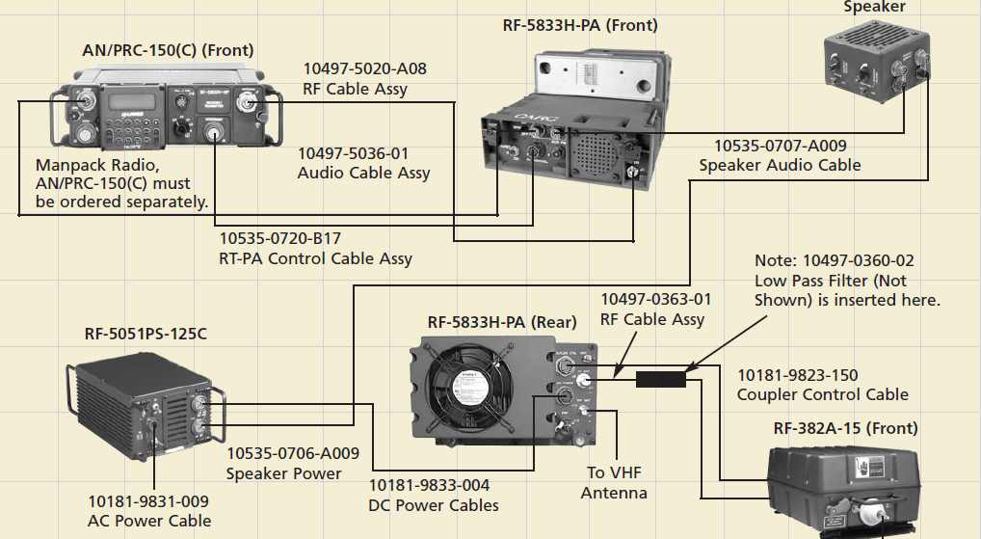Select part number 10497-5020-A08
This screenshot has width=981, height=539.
tap(364, 69)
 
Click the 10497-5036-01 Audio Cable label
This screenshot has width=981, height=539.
tap(363, 163)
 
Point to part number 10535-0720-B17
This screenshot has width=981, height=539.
tap(280, 238)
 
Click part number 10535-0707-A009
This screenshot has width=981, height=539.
tap(780, 146)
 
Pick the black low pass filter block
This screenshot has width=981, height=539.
tap(660, 379)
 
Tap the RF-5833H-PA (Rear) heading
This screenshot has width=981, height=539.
tap(502, 322)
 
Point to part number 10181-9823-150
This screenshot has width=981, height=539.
tap(797, 375)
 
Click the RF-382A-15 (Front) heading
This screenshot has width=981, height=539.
tap(845, 428)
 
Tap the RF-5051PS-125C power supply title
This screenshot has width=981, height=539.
tap(145, 334)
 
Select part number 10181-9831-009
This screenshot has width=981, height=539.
tap(147, 501)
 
